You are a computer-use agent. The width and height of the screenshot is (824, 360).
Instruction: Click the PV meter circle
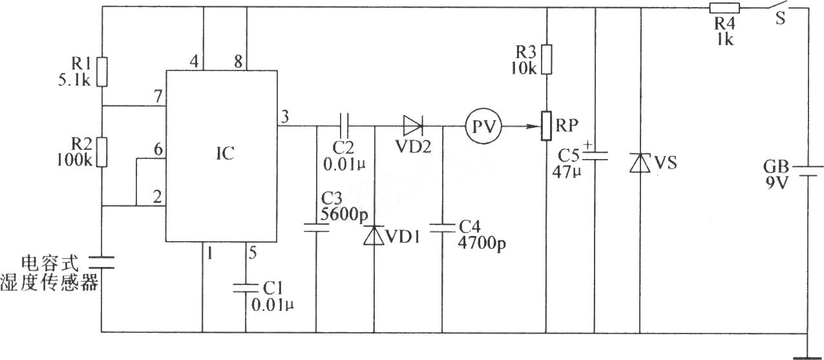pyautogui.click(x=483, y=126)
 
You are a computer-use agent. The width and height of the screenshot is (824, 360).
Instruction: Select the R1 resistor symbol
pyautogui.click(x=102, y=72)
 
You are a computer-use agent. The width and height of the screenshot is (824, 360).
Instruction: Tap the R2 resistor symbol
pyautogui.click(x=102, y=153)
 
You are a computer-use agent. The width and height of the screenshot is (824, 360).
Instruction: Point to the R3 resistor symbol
pyautogui.click(x=547, y=59)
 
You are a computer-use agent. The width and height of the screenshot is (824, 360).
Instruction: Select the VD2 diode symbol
pyautogui.click(x=413, y=126)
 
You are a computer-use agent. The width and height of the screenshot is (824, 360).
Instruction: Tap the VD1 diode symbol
pyautogui.click(x=374, y=235)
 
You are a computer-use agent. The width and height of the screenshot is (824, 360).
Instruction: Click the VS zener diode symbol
pyautogui.click(x=640, y=163)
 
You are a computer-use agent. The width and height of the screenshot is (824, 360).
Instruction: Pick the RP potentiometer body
pyautogui.click(x=546, y=126)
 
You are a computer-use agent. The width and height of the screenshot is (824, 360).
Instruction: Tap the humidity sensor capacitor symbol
pyautogui.click(x=101, y=262)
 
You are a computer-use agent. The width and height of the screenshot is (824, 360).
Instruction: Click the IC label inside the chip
pyautogui.click(x=225, y=153)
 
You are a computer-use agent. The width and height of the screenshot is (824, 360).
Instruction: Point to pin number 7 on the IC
pyautogui.click(x=158, y=96)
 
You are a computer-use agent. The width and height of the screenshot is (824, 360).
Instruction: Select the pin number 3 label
pyautogui.click(x=285, y=116)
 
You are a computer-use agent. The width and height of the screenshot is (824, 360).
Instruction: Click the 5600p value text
pyautogui.click(x=344, y=215)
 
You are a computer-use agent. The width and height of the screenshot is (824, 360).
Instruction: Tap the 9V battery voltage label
pyautogui.click(x=776, y=182)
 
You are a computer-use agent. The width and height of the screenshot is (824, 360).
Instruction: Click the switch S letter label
pyautogui.click(x=780, y=18)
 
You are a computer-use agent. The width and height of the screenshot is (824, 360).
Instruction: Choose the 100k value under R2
pyautogui.click(x=74, y=160)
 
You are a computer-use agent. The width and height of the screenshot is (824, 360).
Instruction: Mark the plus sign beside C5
pyautogui.click(x=588, y=145)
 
